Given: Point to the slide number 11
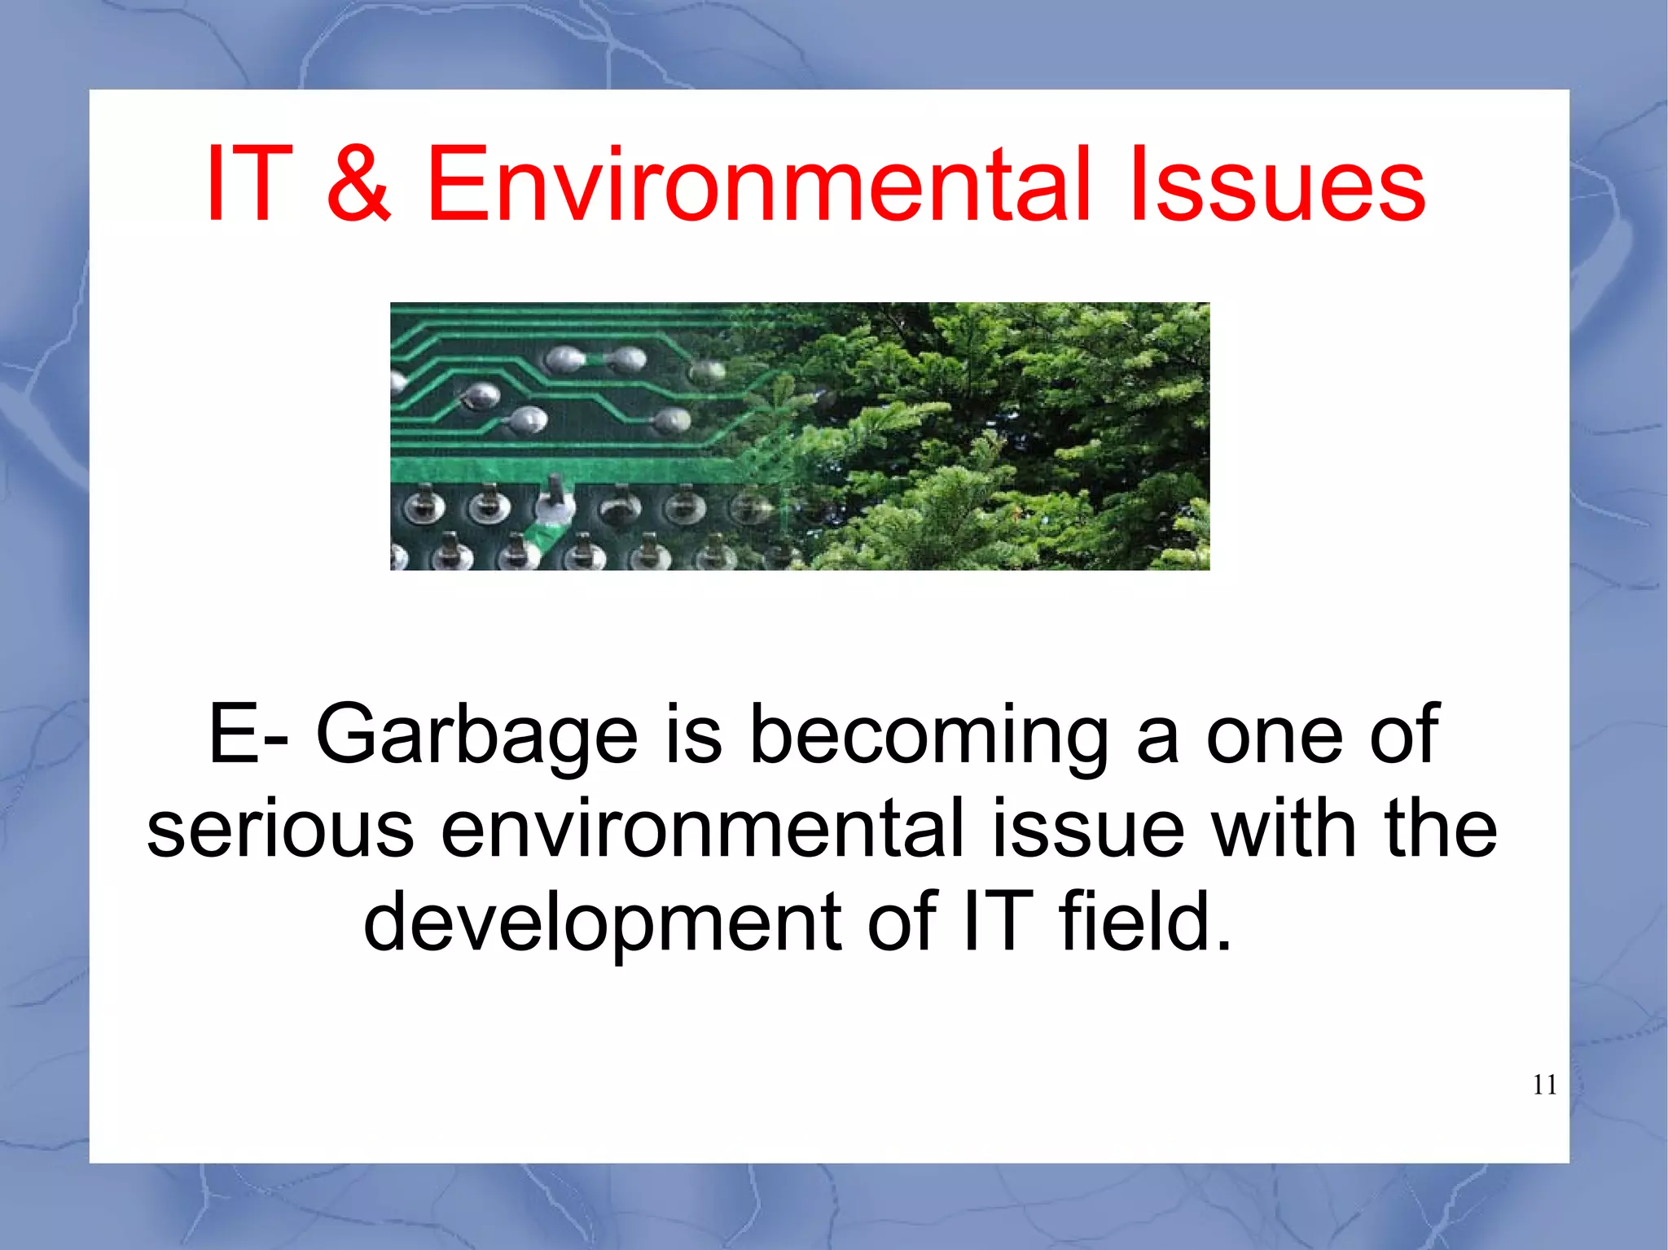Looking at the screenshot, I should (x=1544, y=1086).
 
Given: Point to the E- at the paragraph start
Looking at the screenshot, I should (x=248, y=735).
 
